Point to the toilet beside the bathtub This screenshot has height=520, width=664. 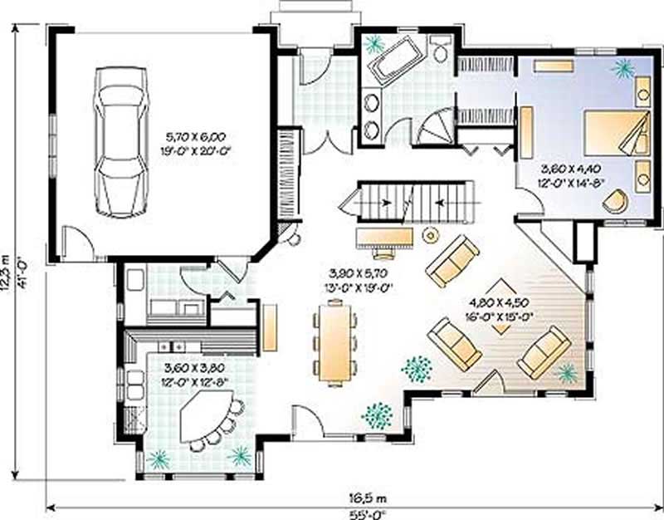point(440,51)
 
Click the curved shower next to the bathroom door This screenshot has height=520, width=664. point(434,129)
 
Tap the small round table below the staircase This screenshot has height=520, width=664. point(430,234)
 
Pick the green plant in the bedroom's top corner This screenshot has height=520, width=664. point(622,68)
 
